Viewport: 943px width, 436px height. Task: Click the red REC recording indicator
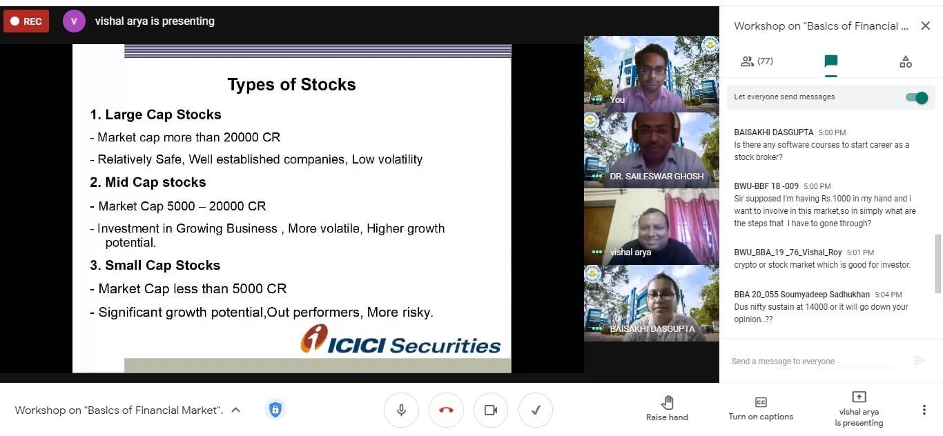coord(26,21)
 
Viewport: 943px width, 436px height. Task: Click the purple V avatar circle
coord(74,21)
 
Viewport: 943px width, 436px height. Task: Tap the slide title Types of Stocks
coord(292,85)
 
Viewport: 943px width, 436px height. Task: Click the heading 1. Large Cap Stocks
coord(155,115)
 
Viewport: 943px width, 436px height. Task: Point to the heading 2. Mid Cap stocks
coord(148,182)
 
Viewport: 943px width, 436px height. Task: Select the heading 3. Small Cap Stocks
coord(155,265)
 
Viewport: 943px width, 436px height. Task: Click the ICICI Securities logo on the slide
coord(400,339)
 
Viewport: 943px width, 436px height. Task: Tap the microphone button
coord(401,410)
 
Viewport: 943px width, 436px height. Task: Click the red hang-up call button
coord(446,410)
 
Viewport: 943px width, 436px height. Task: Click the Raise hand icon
coord(668,403)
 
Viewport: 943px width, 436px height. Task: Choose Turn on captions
coord(761,408)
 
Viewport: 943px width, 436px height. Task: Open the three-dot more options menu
coord(924,410)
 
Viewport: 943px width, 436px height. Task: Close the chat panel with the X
coord(925,26)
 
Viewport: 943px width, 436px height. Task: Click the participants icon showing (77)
coord(757,61)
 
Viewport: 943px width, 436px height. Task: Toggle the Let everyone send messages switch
coord(917,98)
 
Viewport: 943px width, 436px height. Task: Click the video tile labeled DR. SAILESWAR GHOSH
coord(651,150)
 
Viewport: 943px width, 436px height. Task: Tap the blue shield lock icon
coord(275,410)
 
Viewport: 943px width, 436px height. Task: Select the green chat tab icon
coord(831,61)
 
